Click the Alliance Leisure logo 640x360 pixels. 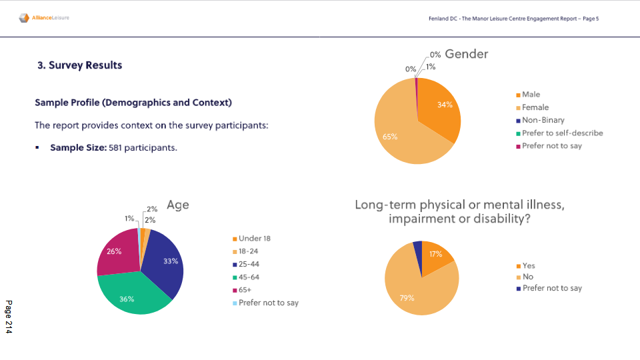coord(44,18)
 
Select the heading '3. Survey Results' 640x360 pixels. coord(79,65)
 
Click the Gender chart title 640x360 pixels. coord(466,54)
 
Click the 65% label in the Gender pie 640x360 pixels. coord(390,137)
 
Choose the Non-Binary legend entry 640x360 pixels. coord(543,120)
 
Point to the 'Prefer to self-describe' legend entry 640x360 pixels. coord(562,133)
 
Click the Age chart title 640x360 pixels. coord(178,205)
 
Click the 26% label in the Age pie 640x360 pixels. coord(114,251)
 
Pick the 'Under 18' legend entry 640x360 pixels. coord(254,239)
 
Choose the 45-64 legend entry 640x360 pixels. coord(249,277)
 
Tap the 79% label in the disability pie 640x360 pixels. coord(407,298)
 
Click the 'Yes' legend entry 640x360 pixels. coord(529,265)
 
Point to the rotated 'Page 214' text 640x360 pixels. coord(9,317)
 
